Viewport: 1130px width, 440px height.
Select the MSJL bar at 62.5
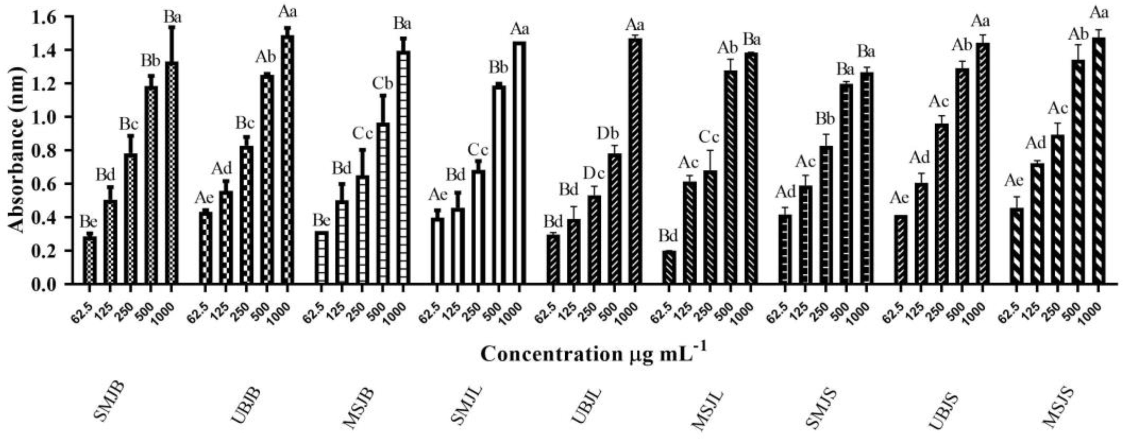click(x=669, y=267)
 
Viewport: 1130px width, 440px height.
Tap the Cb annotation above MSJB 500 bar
click(x=384, y=83)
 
